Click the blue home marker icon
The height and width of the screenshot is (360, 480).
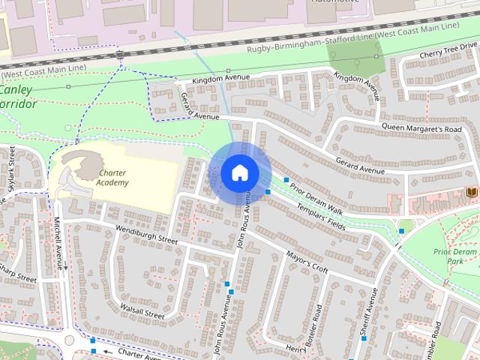(240, 173)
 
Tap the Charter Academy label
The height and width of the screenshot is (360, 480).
(113, 178)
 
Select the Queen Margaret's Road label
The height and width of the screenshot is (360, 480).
(421, 128)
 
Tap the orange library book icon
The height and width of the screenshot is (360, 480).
(471, 193)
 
